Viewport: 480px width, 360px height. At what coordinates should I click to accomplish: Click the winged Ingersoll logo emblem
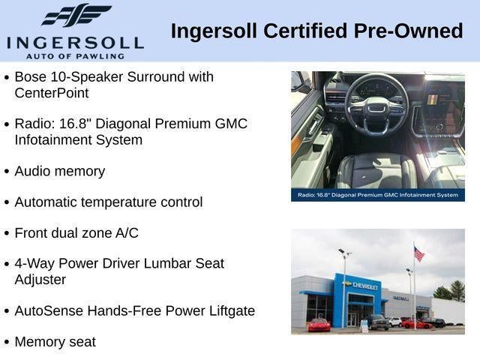(76, 15)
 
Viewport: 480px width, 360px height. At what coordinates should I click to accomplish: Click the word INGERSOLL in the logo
(75, 43)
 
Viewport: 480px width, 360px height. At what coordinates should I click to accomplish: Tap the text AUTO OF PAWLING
(75, 56)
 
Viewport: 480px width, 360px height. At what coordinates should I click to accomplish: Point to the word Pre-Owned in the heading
(408, 31)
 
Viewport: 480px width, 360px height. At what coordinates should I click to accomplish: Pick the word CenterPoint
(52, 93)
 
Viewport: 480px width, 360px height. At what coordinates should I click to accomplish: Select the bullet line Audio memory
(60, 171)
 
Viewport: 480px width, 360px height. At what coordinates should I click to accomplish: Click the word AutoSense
(49, 310)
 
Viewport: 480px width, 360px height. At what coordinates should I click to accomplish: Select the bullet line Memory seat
(55, 342)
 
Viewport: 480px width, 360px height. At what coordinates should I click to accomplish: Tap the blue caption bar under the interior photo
(378, 195)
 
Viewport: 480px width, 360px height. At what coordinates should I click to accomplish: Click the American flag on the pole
(419, 253)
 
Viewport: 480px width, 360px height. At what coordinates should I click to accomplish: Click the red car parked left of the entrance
(319, 325)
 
